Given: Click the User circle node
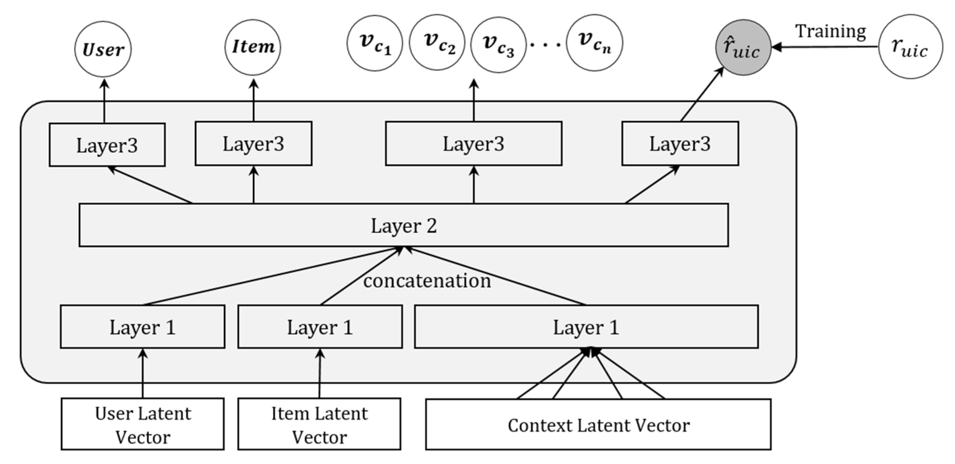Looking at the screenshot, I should [103, 49].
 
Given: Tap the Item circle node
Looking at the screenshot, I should [253, 47].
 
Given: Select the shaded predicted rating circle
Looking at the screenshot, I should [743, 48].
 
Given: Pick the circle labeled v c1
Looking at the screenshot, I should [374, 43].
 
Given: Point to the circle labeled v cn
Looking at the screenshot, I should [595, 43].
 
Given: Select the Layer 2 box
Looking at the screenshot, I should [403, 225].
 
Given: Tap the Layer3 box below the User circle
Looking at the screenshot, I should [107, 145].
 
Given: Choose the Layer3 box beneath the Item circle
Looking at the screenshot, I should [254, 143].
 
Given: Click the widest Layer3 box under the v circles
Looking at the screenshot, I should [473, 143].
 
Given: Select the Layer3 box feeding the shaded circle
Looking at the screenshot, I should [680, 143].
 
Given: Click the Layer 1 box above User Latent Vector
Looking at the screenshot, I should [142, 327].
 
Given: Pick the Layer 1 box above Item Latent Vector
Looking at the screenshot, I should [320, 327].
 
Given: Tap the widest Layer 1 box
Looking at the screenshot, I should [586, 327].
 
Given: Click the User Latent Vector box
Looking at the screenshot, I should [142, 424].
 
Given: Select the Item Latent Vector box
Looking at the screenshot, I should [319, 424].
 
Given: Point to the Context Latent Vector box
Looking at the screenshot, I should [598, 425].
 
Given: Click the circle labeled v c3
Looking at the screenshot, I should [498, 44].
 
